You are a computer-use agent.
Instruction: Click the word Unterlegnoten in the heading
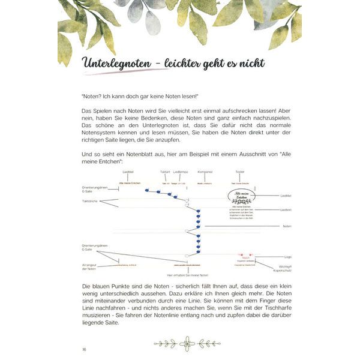(x=116, y=62)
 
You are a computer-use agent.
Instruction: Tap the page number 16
(x=84, y=349)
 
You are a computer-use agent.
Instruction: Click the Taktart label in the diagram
(x=165, y=172)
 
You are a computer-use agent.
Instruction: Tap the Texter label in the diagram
(x=240, y=172)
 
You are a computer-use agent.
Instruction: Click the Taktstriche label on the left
(x=91, y=201)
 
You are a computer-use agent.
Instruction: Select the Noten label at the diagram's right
(x=287, y=226)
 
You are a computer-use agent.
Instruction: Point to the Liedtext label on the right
(x=286, y=209)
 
